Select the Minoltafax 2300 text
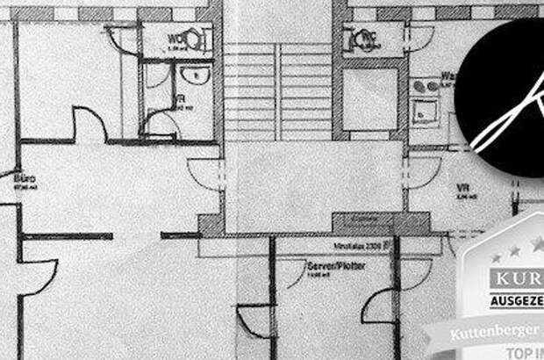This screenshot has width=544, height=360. coord(360,248)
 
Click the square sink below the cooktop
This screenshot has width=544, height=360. coord(427,111)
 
